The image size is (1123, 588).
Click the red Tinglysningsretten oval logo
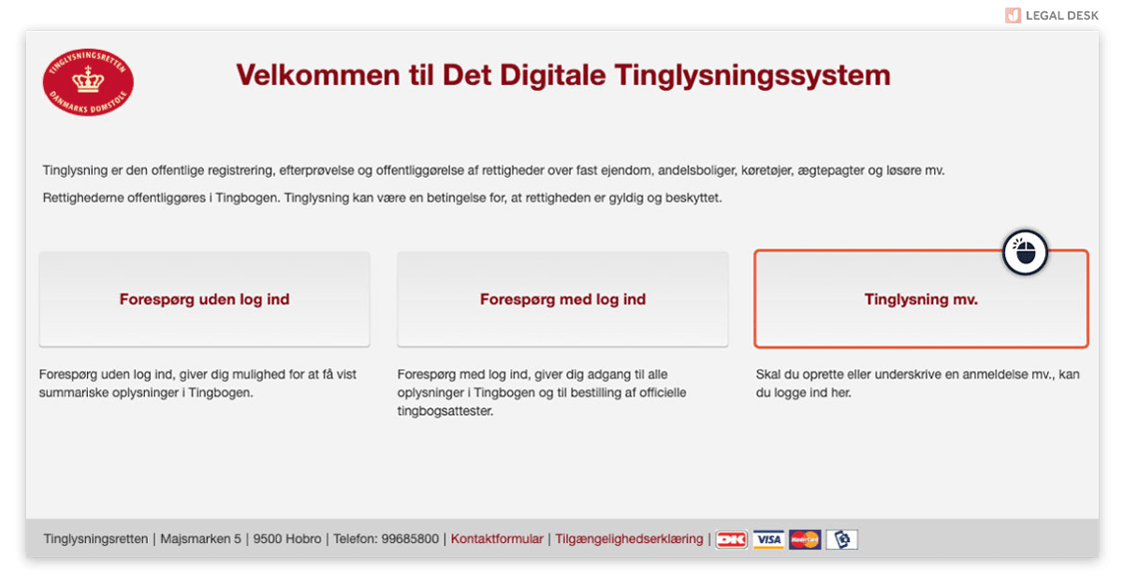(x=88, y=82)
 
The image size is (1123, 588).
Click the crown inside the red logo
(x=88, y=80)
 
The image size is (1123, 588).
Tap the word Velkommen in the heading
(x=318, y=75)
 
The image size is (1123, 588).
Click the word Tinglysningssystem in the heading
(x=752, y=76)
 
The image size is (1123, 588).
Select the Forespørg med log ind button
(x=562, y=299)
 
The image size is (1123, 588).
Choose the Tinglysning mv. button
(x=921, y=299)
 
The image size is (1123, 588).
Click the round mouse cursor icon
(x=1025, y=253)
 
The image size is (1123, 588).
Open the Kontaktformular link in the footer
(x=497, y=538)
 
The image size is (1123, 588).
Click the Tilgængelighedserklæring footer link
(x=629, y=538)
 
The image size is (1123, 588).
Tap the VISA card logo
(x=768, y=539)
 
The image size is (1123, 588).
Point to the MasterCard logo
(x=805, y=539)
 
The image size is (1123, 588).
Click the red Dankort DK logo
(x=732, y=539)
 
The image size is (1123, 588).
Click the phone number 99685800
(x=410, y=538)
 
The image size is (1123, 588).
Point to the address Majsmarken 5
(x=200, y=538)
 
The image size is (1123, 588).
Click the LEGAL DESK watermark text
(x=1062, y=16)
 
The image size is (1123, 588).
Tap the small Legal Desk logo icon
(x=1013, y=16)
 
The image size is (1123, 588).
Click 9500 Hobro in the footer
(x=286, y=538)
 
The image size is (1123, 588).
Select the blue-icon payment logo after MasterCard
(x=841, y=539)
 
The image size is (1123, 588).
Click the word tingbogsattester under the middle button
(x=445, y=411)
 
